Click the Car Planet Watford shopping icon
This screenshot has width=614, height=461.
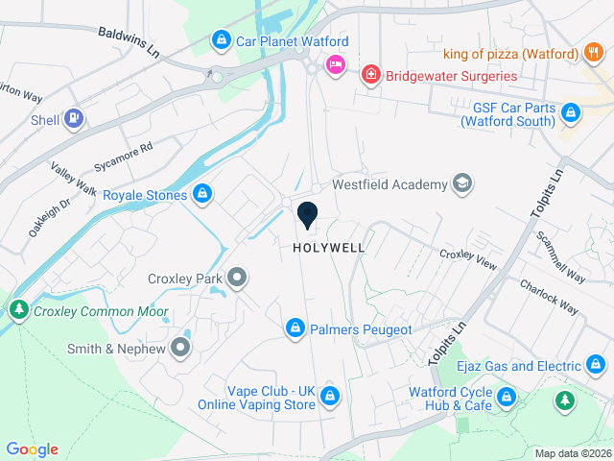(x=222, y=41)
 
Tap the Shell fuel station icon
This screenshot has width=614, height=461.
(x=73, y=120)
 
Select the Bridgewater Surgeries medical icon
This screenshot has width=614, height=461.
(x=369, y=75)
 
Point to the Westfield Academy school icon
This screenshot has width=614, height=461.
(x=461, y=183)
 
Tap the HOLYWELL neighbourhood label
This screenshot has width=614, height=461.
(x=329, y=248)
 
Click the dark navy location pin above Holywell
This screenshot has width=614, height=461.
(x=308, y=215)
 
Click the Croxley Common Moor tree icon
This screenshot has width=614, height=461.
(x=18, y=311)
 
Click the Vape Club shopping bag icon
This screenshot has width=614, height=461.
(x=330, y=396)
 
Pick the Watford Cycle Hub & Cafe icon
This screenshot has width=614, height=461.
(x=507, y=397)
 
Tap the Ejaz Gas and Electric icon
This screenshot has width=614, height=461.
(x=596, y=366)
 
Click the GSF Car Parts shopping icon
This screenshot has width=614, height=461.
(x=571, y=113)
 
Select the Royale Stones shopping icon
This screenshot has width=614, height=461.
(x=201, y=195)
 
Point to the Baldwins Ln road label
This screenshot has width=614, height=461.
(x=129, y=41)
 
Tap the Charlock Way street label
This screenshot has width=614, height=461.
(x=550, y=297)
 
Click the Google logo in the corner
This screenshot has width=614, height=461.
(x=32, y=449)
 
